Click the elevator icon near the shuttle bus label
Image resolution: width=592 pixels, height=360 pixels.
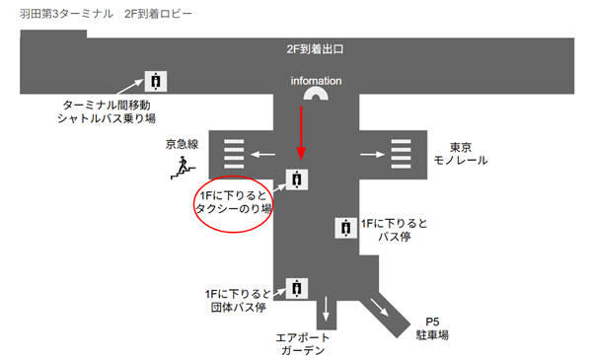click(156, 80)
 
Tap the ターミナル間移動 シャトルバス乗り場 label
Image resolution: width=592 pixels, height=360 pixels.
click(110, 111)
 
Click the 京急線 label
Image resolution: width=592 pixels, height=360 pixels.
click(183, 145)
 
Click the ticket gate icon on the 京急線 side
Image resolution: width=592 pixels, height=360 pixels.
click(234, 154)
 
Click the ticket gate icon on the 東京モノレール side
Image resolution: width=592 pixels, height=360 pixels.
click(402, 154)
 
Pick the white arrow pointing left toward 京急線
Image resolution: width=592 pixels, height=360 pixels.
click(261, 153)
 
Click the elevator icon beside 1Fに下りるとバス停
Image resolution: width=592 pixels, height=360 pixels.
click(345, 227)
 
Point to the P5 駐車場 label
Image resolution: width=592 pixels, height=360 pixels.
click(431, 328)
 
